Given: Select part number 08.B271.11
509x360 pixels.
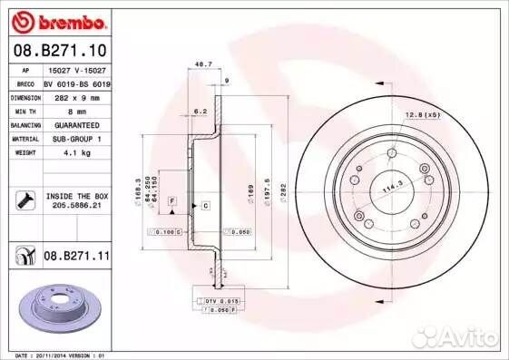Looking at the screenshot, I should point(75,258).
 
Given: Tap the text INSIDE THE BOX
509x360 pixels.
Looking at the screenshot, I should point(76,195).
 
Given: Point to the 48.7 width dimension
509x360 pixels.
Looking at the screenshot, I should point(203,65).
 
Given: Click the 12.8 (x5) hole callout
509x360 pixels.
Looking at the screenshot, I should point(422,114).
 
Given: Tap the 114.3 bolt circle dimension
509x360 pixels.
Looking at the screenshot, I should point(391,187).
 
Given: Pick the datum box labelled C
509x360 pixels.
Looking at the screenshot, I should point(206,207).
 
